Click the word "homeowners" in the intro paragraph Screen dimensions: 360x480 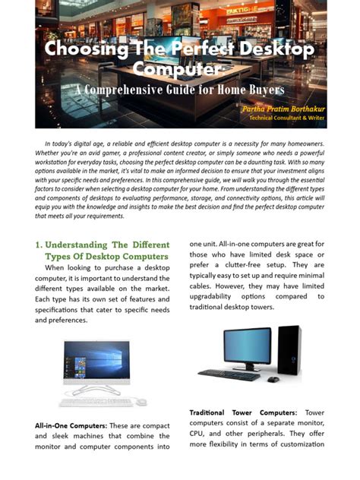coord(299,144)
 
